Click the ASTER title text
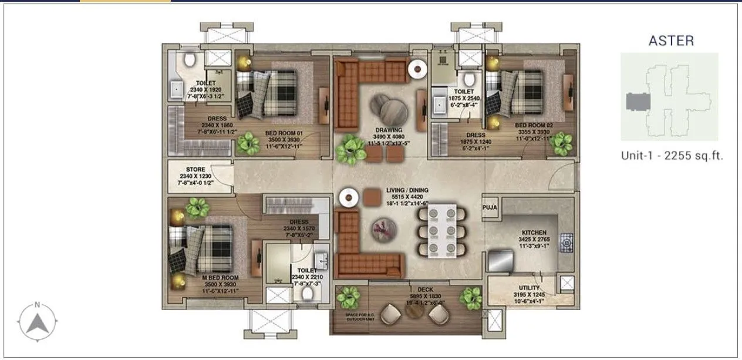tap(670, 41)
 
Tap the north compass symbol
tap(37, 321)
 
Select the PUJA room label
tap(490, 207)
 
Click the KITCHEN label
tap(533, 233)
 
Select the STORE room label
tap(195, 169)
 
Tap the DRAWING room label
tap(389, 130)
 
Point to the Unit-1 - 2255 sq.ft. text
tap(672, 156)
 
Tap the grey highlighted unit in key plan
tap(639, 102)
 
